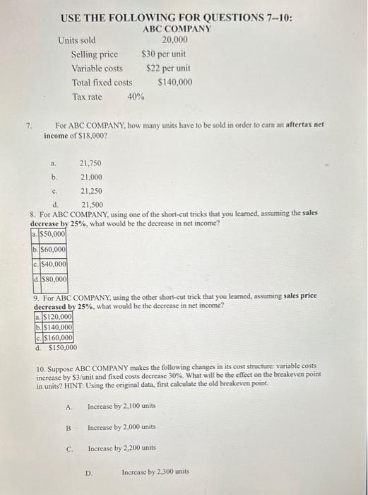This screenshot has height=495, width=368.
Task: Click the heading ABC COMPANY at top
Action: [177, 29]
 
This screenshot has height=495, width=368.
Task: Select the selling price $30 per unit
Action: [164, 54]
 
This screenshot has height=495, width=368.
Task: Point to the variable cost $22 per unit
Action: [168, 69]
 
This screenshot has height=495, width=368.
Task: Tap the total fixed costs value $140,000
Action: [175, 83]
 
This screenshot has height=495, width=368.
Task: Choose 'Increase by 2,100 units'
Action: [121, 407]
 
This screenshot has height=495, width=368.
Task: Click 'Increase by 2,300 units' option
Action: [155, 472]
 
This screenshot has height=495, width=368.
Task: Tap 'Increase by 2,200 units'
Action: [121, 448]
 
